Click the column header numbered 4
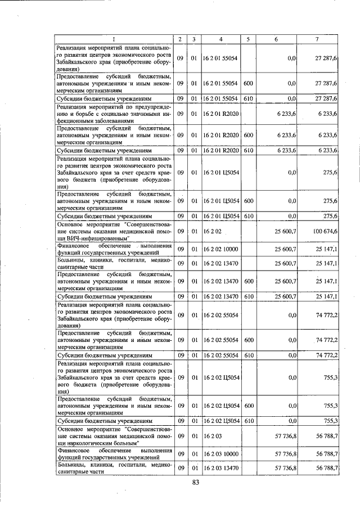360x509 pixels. pos(221,39)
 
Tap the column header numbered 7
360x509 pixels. pos(317,39)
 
